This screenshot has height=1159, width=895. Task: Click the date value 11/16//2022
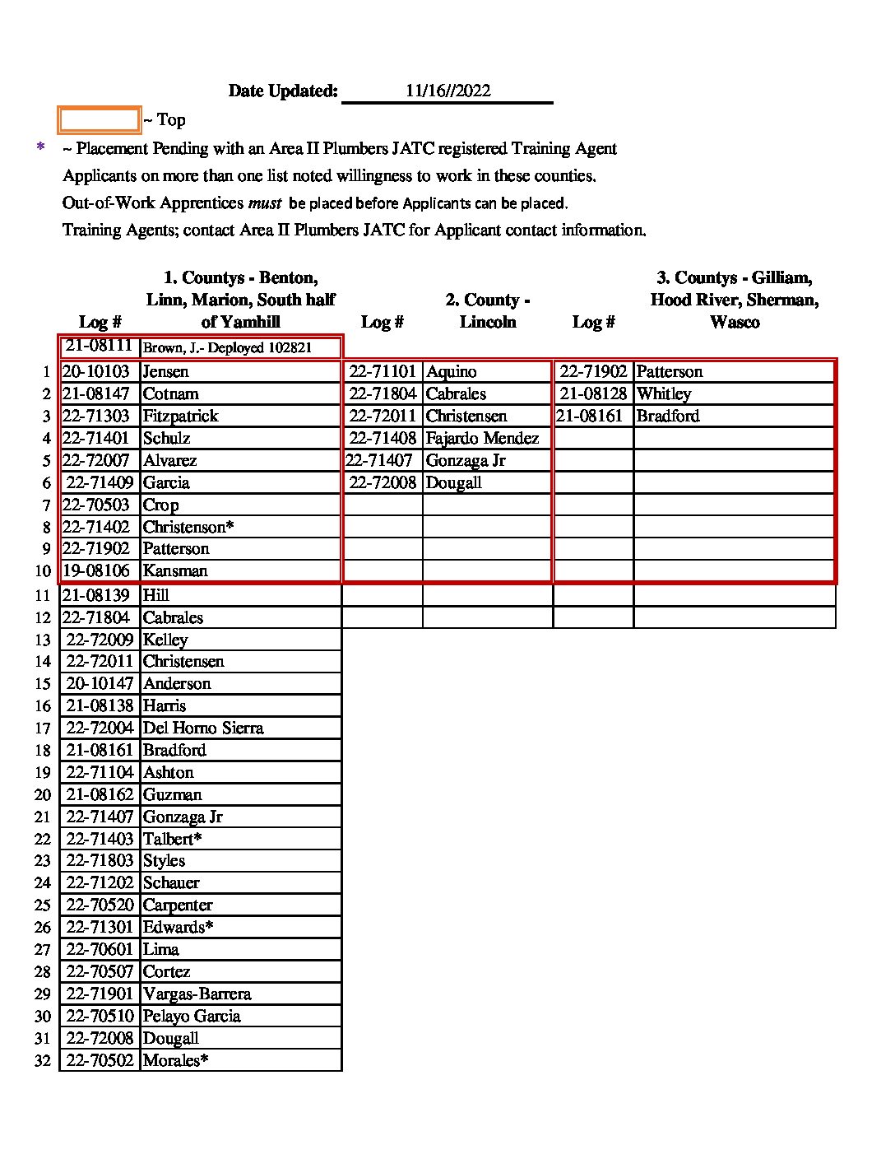447,91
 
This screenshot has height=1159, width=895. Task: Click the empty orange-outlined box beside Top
99,120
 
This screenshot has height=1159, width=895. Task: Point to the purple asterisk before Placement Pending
40,148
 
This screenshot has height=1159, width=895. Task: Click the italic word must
264,202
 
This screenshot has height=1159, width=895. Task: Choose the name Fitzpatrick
180,417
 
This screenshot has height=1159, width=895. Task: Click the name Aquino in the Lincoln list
451,372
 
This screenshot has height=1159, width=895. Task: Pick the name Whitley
663,394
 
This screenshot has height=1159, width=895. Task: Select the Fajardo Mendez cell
482,439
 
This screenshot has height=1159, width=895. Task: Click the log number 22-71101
383,372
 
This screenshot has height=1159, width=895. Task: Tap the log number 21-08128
593,394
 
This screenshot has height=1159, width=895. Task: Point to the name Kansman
174,571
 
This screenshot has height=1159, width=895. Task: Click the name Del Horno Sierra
203,728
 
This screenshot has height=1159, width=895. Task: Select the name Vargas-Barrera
197,994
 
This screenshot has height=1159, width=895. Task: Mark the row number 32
43,1061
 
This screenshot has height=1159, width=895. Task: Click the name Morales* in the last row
175,1061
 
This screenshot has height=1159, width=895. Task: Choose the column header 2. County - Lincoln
488,311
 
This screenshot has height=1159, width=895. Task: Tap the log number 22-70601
100,950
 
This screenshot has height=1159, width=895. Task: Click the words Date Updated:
283,91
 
